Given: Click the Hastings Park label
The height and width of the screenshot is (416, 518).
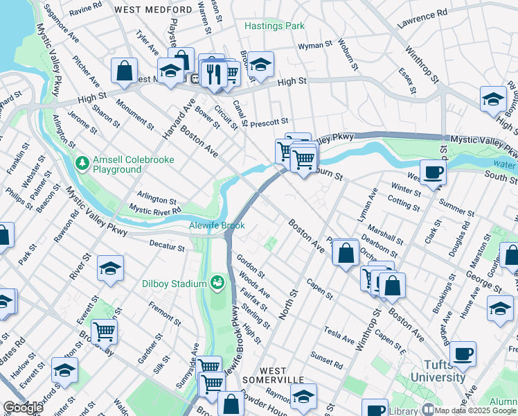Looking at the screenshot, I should [274, 26].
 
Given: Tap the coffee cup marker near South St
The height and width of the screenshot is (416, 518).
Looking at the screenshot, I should [433, 172].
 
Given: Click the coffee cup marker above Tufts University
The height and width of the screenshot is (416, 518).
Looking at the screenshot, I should [462, 354].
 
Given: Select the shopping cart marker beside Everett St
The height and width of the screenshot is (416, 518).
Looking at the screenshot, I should [104, 331].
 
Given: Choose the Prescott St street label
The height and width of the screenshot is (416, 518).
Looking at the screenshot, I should [269, 121].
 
